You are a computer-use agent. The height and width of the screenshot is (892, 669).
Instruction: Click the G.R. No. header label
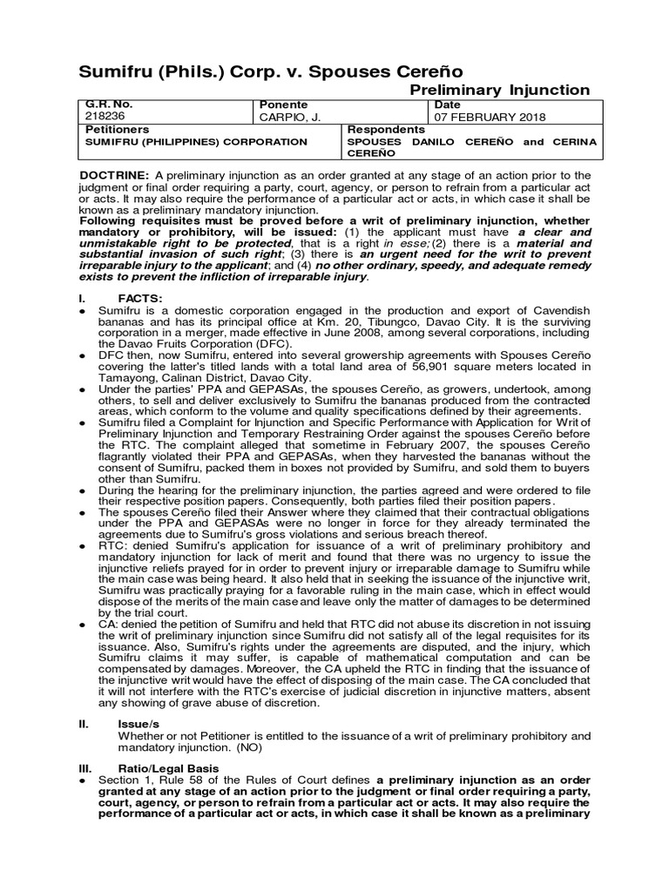point(108,103)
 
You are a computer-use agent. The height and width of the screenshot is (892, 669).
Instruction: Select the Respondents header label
point(386,128)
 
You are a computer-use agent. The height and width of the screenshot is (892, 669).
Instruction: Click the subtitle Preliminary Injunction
point(499,90)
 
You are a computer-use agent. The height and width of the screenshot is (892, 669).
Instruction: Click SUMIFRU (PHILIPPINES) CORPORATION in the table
point(196,141)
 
